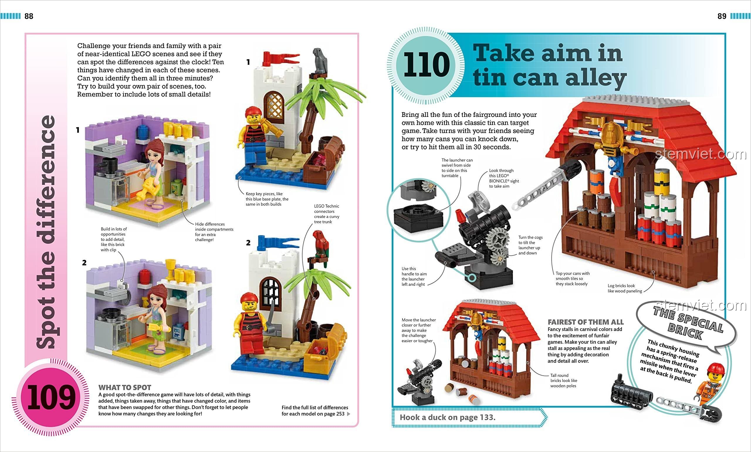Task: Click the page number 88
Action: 29,16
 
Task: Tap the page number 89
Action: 722,16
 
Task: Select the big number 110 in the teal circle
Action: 427,64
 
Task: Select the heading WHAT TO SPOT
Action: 125,388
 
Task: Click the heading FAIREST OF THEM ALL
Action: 586,322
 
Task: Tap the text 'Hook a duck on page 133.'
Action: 447,417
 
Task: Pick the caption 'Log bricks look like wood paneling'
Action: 625,288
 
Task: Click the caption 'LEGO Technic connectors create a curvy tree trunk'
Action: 327,214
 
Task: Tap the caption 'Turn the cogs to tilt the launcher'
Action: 530,245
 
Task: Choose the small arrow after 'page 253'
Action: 349,414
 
